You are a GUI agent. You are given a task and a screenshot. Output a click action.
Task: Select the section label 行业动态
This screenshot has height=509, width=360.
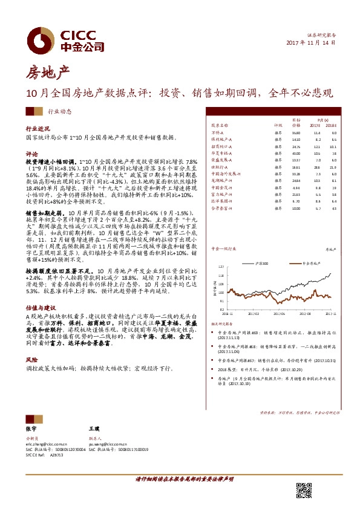(x=59, y=111)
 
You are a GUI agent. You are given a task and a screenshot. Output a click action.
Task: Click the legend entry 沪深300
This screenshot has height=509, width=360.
(x=261, y=264)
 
